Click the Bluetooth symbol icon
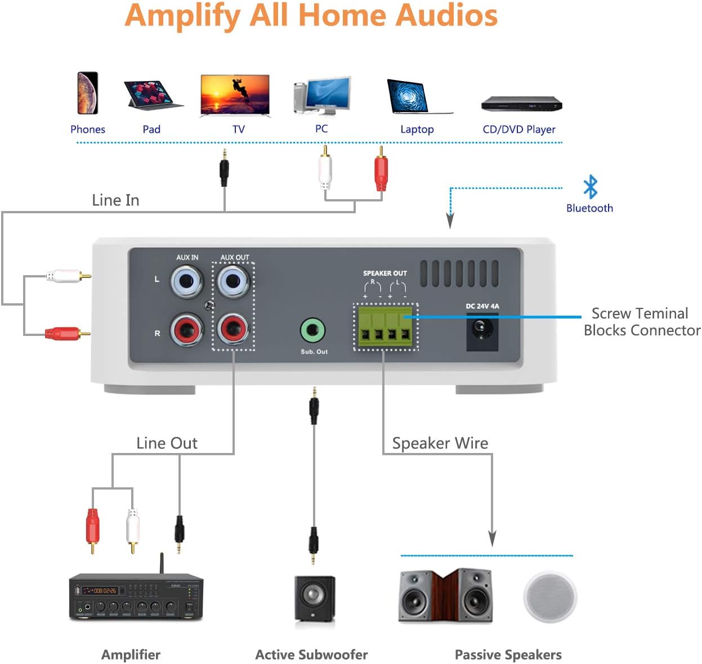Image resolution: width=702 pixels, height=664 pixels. click(x=590, y=187)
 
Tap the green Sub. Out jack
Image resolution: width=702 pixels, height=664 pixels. click(x=312, y=331)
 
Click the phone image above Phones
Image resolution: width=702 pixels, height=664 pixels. click(x=88, y=93)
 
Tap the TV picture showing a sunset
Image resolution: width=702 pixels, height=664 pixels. click(x=235, y=96)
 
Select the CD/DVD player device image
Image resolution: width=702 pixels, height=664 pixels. click(x=521, y=104)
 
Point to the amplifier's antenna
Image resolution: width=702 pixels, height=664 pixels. click(x=162, y=563)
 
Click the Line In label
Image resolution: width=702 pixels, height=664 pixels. click(x=115, y=200)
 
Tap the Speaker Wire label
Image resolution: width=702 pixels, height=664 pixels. click(x=440, y=443)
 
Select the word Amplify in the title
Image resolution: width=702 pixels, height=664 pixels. click(x=182, y=16)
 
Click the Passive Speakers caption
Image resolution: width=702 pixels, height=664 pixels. click(x=508, y=654)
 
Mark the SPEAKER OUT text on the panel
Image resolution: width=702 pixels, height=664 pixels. click(x=384, y=273)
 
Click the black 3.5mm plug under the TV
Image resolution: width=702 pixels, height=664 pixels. click(x=224, y=169)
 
